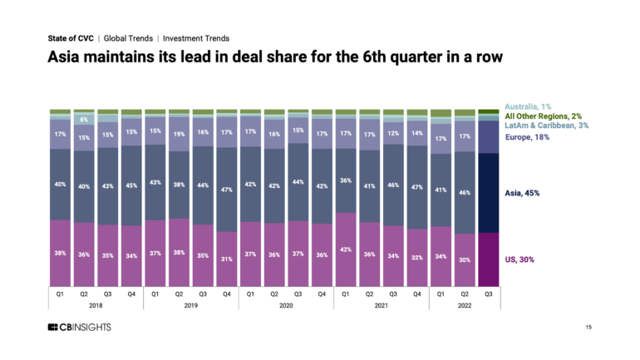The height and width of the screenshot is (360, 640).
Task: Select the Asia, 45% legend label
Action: tap(523, 193)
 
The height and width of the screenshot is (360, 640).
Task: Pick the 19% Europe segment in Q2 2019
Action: tap(180, 133)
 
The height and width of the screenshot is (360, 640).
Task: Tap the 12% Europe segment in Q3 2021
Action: tap(393, 133)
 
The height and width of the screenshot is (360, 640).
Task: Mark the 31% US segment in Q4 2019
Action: tap(227, 258)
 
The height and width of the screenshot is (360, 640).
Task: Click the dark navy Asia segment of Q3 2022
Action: tap(489, 193)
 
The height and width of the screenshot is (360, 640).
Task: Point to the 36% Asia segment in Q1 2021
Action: tap(346, 180)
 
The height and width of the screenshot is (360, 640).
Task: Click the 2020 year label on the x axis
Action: tap(286, 306)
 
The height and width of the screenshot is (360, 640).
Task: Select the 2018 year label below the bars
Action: tap(96, 306)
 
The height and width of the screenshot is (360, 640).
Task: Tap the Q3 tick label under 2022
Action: tap(489, 293)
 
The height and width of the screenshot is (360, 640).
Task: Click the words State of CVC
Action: tap(70, 38)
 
